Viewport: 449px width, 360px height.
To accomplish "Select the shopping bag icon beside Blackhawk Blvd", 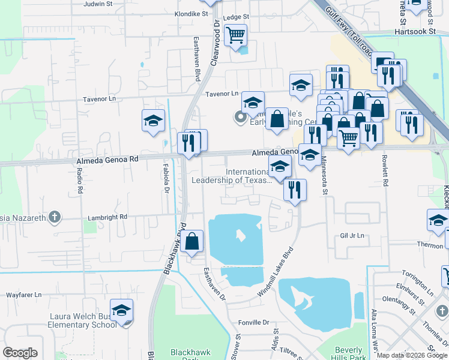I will (193, 242).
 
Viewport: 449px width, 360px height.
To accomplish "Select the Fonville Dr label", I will (256, 322).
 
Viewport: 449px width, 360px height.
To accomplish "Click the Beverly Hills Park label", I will (348, 353).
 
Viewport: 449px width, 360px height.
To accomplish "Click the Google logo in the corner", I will (20, 352).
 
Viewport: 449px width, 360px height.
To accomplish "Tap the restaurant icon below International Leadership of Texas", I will (294, 191).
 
